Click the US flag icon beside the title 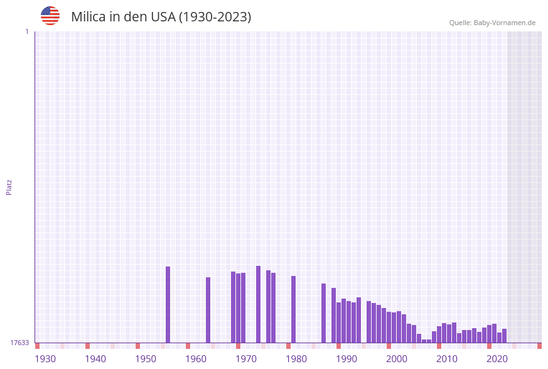point(50,16)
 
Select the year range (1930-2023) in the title point(215,17)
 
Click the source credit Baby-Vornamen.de point(492,23)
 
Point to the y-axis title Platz point(9,187)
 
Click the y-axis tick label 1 point(27,31)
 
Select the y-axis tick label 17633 point(19,343)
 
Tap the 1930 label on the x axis point(45,359)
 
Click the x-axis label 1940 point(95,359)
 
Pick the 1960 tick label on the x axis point(196,359)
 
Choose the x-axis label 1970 point(246,359)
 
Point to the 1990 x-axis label point(347,359)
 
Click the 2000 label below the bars point(397,359)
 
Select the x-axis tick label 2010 point(447,359)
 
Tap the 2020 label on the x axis point(497,359)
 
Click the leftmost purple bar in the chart point(168,305)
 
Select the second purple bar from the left point(208,310)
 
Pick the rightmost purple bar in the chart point(505,336)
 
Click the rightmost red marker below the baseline point(539,346)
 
